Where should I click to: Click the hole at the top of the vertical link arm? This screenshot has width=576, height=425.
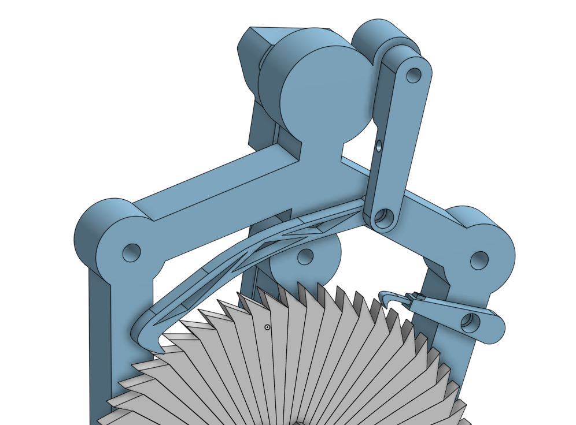click(x=413, y=75)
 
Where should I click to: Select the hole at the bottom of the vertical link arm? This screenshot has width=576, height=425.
click(x=382, y=217)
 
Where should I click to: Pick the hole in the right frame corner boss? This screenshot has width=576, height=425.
click(x=479, y=260)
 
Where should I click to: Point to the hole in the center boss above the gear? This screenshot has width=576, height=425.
click(x=305, y=256)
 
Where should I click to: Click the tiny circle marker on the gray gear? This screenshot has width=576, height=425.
click(x=267, y=327)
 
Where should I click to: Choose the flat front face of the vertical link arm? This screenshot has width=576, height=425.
click(x=399, y=144)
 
